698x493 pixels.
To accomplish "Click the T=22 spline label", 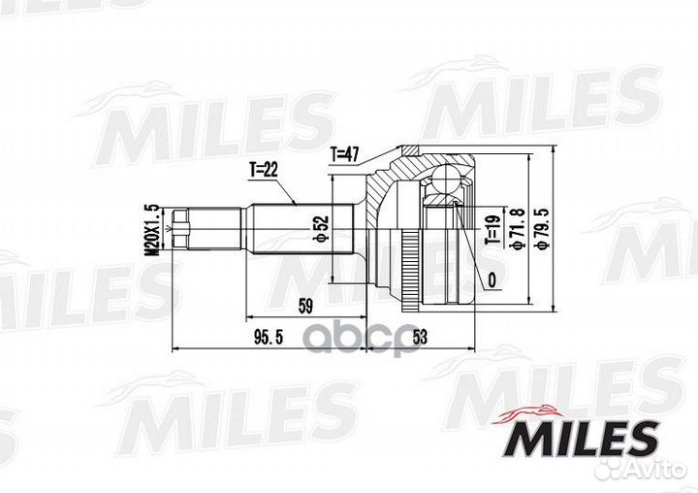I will click(264, 169).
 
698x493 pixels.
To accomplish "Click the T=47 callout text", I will click(346, 152).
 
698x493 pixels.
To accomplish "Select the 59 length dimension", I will click(306, 308).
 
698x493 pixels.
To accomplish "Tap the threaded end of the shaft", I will click(184, 229).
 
